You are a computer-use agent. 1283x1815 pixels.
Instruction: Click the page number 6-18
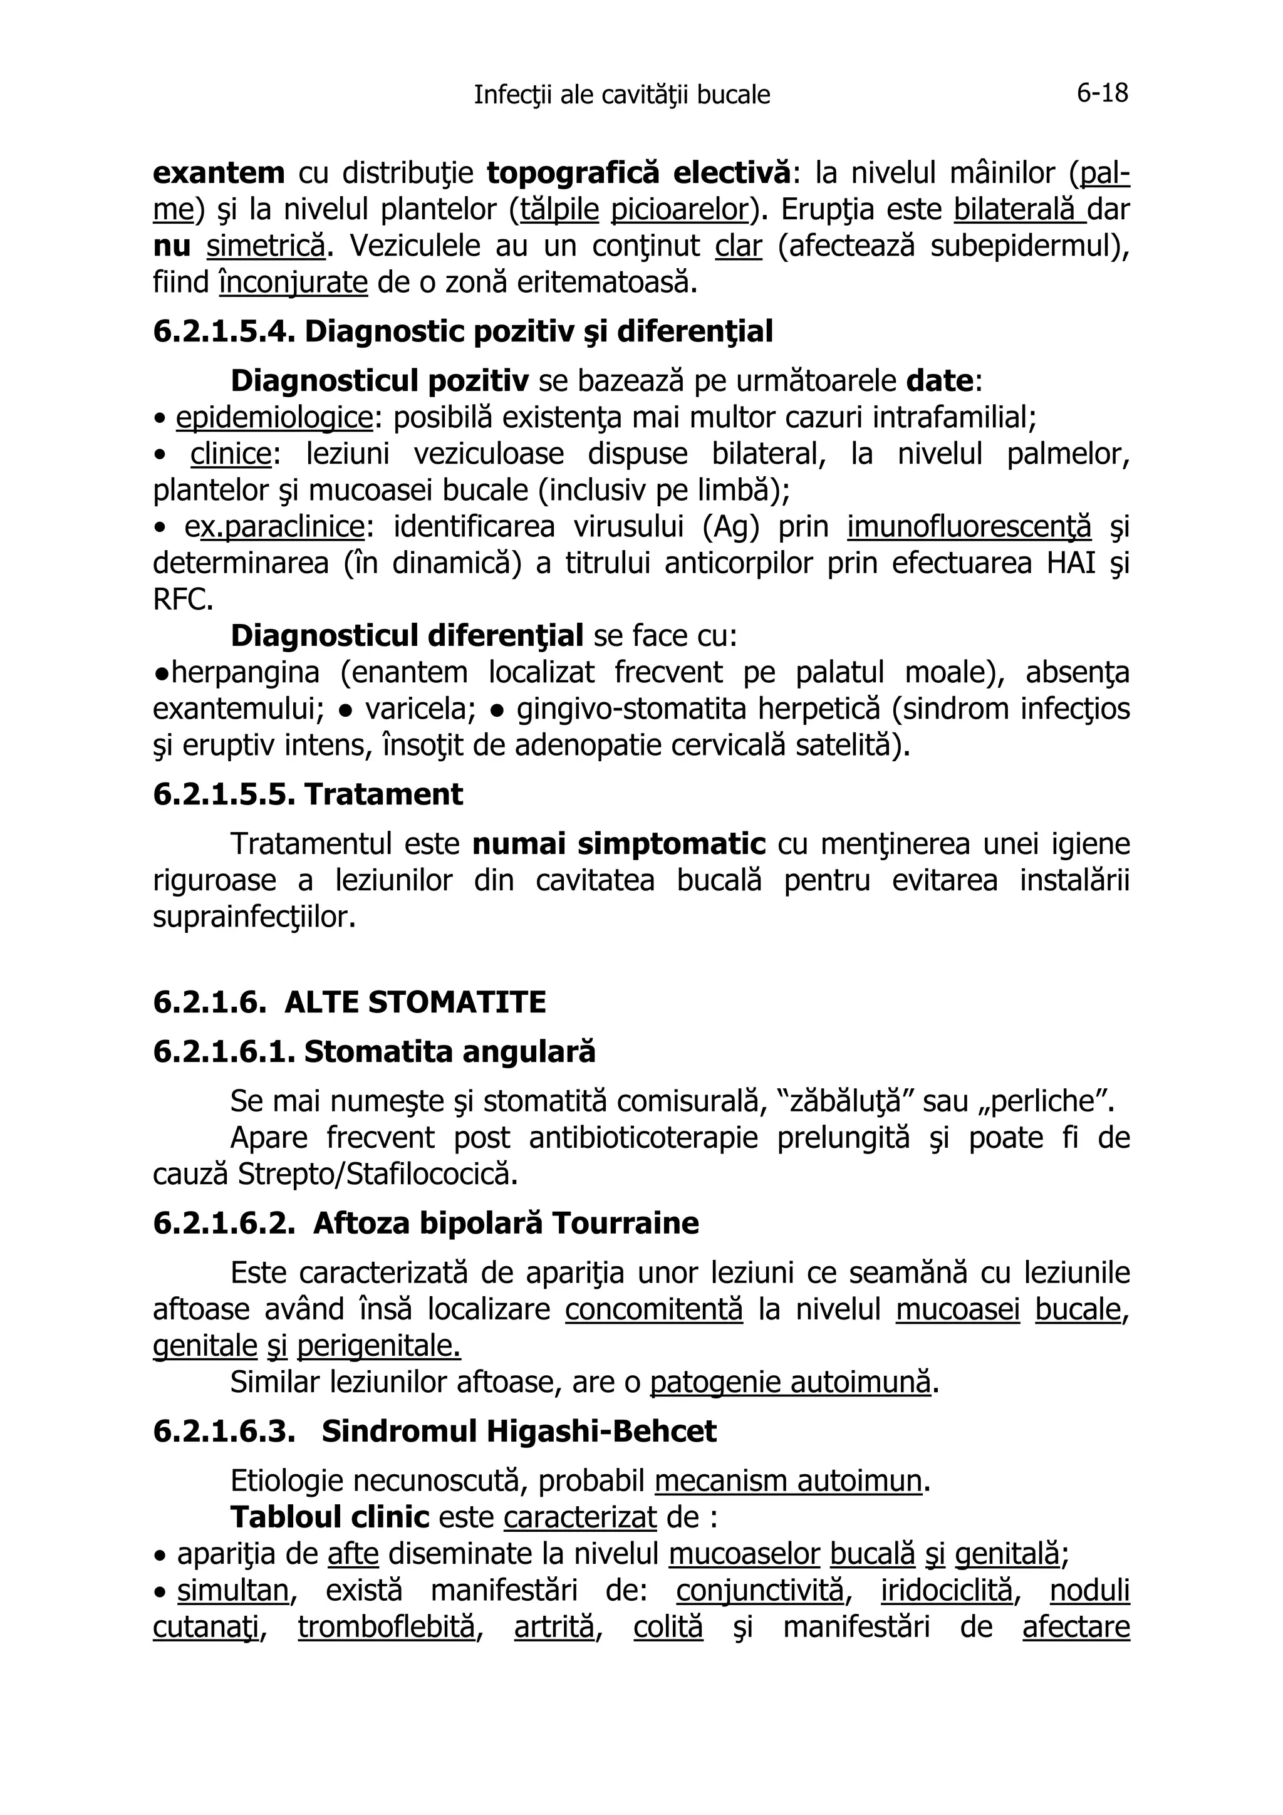pos(1102,93)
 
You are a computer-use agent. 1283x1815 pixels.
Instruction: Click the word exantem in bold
pos(218,172)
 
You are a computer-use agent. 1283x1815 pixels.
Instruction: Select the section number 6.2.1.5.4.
pos(223,331)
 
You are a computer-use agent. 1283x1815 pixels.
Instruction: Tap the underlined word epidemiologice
pos(274,417)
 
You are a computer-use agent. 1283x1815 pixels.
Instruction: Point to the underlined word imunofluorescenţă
pos(969,526)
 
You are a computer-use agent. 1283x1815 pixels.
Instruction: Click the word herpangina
pos(245,673)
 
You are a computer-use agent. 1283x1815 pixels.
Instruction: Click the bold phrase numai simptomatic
pos(619,845)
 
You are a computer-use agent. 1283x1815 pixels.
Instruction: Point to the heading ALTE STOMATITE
pos(415,1002)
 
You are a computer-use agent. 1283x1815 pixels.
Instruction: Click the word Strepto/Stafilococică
pos(377,1175)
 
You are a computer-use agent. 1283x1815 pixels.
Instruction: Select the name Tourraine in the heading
pos(625,1223)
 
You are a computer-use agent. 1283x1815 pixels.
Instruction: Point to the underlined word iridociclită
pos(946,1591)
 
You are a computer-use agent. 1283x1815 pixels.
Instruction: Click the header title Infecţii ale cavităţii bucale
pos(621,95)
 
